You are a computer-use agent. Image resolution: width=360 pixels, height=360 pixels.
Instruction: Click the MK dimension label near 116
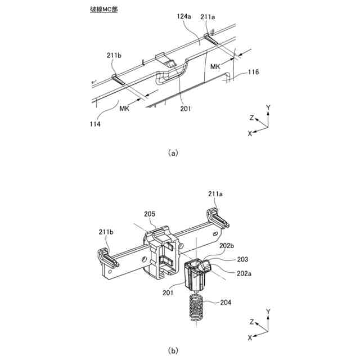click(x=216, y=67)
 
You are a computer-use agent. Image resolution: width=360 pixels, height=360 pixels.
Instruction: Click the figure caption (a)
click(x=173, y=152)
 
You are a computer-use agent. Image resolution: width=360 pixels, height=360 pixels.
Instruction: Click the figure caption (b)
click(x=173, y=350)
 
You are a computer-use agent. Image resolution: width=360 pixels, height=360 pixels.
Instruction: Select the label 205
click(x=150, y=214)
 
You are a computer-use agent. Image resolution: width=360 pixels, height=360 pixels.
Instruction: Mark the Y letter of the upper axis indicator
click(x=268, y=106)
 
